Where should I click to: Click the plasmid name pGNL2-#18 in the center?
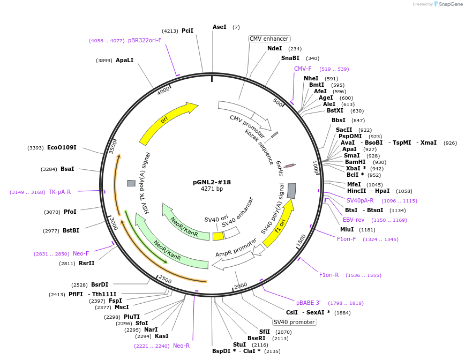coord(212,182)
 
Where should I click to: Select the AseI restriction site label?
coord(220,27)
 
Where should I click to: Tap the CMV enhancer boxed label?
coord(269,39)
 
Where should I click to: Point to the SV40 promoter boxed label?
coord(294,322)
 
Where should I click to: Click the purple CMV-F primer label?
coord(303,69)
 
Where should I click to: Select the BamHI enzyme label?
coord(355,162)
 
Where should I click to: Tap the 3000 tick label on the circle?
coord(114,223)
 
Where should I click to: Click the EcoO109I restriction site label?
coord(62,147)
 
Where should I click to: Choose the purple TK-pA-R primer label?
coord(59,192)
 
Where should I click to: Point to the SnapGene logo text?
coord(451,4)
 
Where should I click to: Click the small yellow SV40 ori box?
coord(218,236)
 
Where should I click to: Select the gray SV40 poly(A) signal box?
coord(291,191)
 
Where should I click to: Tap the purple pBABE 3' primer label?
coord(309,303)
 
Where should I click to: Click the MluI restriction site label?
coord(347,229)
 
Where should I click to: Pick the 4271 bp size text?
coord(212,189)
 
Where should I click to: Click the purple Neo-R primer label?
coord(181,346)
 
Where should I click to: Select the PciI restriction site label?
coord(187,31)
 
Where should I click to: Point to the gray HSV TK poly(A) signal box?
coord(131,183)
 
